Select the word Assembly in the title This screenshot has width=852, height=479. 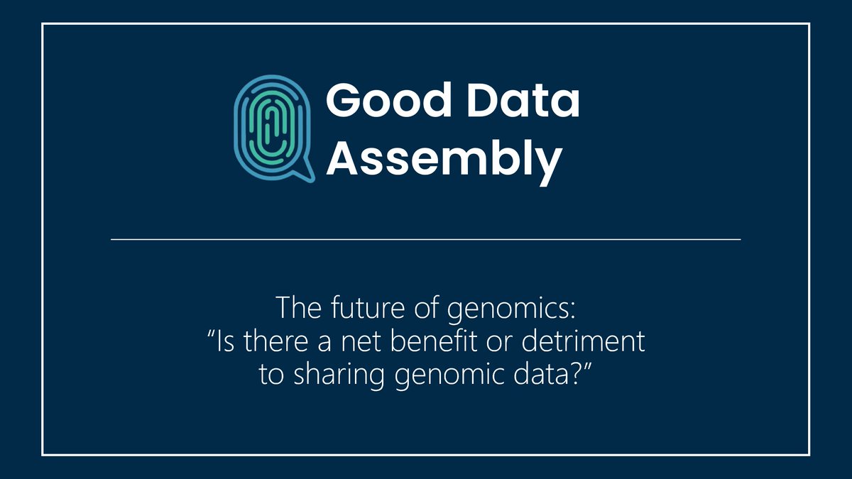coord(443,158)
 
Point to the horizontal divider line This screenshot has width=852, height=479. coord(426,240)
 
